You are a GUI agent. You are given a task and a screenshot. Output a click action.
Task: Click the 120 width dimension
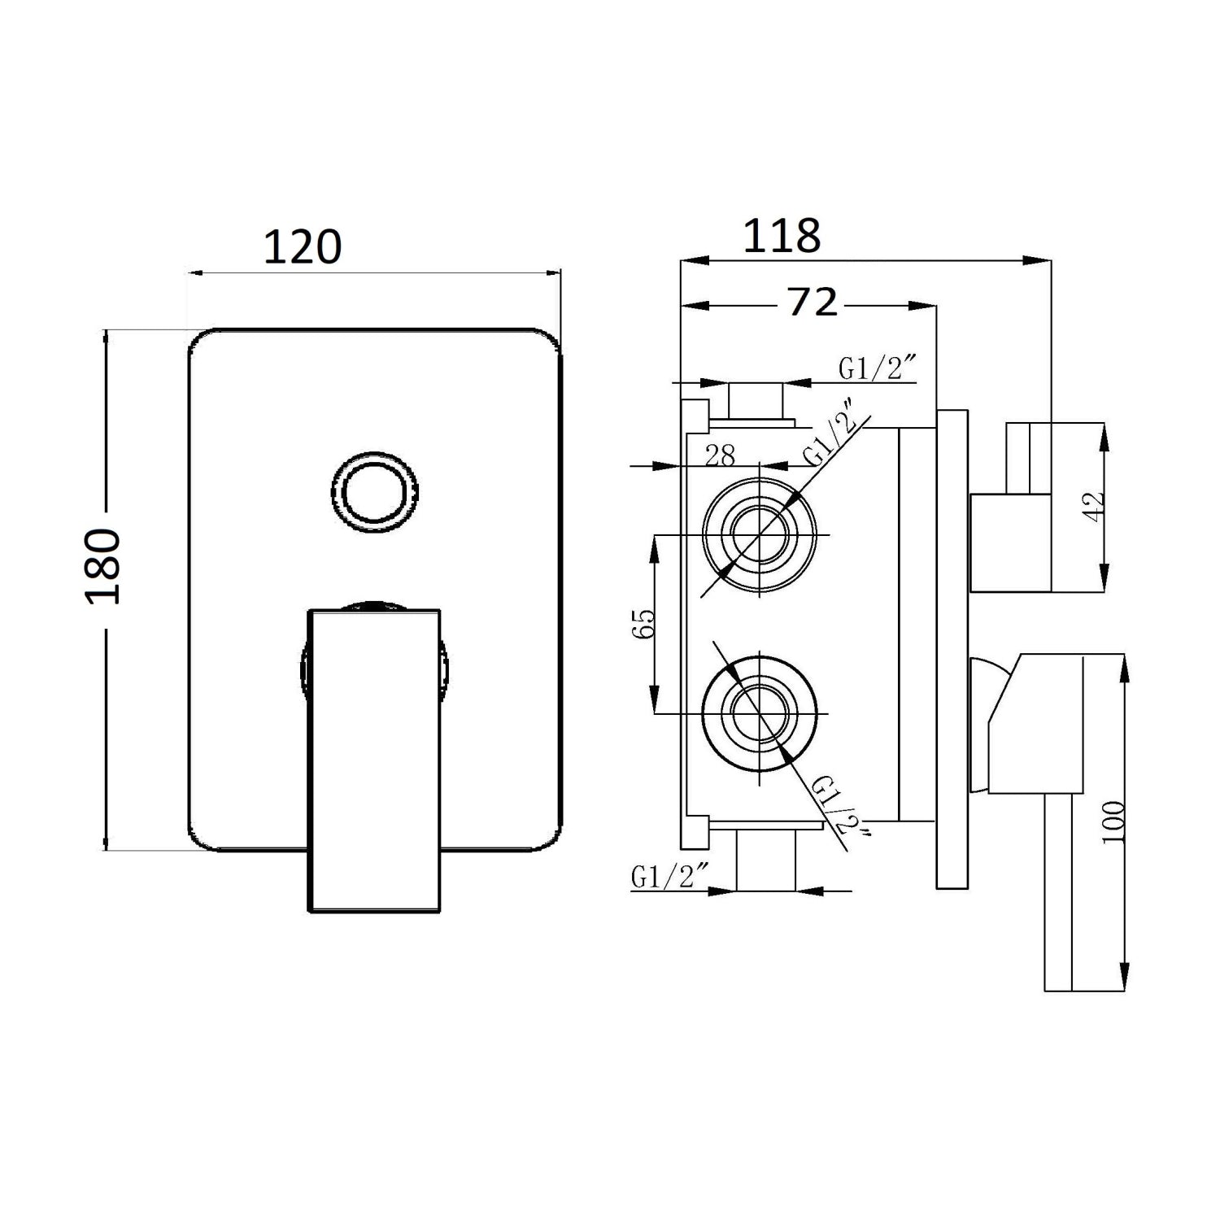303,247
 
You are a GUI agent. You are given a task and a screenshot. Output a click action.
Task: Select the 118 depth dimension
782,237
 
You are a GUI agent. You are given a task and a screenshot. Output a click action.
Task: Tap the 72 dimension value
813,303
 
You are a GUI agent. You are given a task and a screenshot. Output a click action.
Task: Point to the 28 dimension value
720,455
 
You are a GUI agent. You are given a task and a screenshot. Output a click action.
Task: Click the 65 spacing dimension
643,624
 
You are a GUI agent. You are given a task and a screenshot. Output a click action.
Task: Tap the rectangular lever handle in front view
375,760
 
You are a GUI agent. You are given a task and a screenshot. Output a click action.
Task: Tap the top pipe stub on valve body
755,400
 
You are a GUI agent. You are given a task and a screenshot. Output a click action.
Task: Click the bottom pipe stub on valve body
764,861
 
